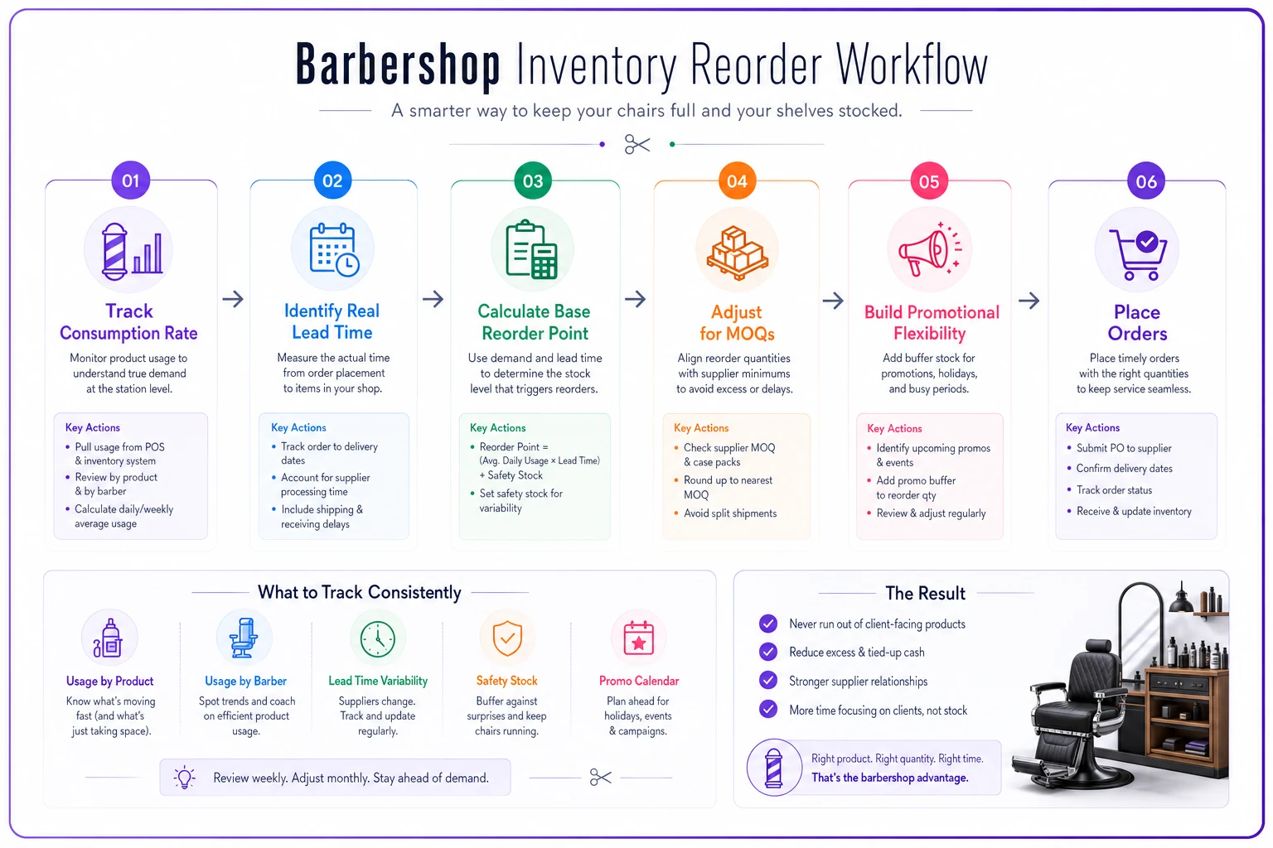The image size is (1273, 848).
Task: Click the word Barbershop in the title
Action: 398,66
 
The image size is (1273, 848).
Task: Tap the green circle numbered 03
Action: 533,181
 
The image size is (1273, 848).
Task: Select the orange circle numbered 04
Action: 737,181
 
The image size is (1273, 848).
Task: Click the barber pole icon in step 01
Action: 114,252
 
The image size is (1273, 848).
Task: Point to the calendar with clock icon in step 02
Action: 334,250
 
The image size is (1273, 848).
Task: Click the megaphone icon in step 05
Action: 930,250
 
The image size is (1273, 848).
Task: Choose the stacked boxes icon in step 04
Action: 737,253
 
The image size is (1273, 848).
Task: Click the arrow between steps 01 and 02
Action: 233,299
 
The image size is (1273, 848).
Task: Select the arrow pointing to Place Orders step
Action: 1029,300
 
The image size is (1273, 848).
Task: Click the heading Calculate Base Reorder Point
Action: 535,322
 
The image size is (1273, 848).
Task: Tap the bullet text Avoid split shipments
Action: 729,513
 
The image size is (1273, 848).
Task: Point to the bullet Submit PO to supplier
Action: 1124,448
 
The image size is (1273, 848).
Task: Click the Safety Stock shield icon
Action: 507,638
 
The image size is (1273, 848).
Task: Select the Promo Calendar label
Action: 639,681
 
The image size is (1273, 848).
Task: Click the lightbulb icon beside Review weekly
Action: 185,777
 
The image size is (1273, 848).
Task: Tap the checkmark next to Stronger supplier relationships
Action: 768,681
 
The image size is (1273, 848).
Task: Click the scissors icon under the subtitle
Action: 637,144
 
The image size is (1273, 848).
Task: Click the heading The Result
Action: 925,593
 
